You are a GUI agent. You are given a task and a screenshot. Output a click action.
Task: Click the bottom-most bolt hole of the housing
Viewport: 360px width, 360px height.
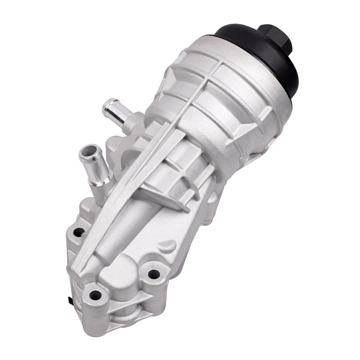click(95, 294)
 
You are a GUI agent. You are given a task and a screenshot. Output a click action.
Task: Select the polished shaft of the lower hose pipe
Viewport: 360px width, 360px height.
click(95, 169)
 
